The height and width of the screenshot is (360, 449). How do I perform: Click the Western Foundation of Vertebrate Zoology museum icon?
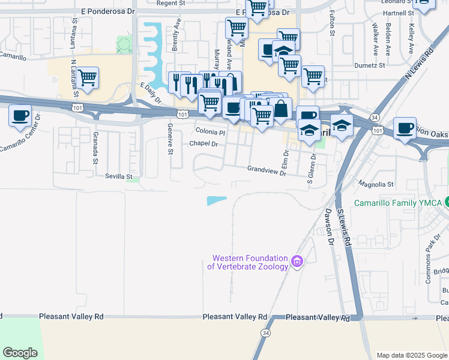click(x=297, y=261)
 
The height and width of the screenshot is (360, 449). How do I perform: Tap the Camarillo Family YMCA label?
click(x=399, y=203)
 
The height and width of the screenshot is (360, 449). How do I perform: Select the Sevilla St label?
click(x=118, y=176)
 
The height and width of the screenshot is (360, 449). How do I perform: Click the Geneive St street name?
click(x=170, y=143)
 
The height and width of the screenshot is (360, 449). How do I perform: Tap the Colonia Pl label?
click(x=210, y=132)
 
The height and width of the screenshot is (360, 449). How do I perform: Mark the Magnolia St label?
click(x=375, y=184)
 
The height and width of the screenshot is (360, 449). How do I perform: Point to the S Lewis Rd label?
click(x=343, y=228)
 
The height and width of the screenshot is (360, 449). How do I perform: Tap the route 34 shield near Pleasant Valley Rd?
click(x=265, y=332)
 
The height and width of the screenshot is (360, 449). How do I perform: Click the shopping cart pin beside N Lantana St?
click(x=88, y=77)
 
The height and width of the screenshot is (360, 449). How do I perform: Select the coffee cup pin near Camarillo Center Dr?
click(x=20, y=114)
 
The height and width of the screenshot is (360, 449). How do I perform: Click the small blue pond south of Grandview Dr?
click(x=217, y=201)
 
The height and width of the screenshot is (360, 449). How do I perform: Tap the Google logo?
click(x=20, y=353)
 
